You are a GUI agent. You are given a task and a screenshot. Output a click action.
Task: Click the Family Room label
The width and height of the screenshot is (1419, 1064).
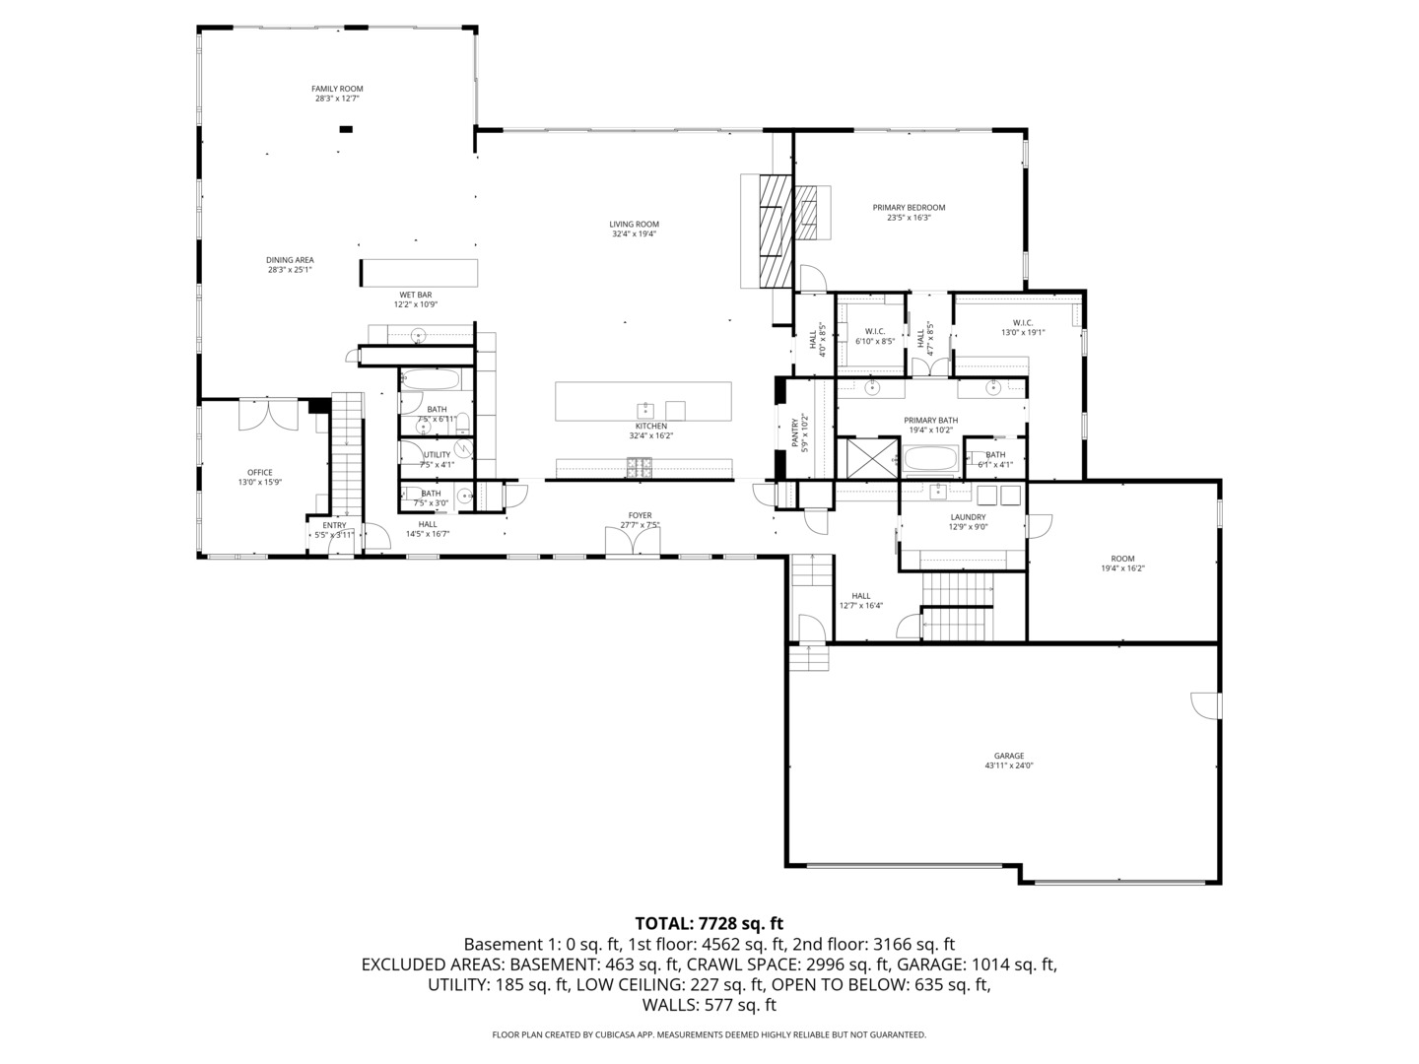338,89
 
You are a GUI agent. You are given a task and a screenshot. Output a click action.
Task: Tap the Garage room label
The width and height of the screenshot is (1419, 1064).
1008,757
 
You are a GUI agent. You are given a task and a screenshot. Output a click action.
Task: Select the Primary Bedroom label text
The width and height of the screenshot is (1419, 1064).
909,208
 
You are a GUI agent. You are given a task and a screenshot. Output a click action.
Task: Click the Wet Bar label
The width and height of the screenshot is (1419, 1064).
415,295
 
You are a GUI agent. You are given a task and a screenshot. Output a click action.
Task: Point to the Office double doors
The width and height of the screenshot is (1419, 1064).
268,413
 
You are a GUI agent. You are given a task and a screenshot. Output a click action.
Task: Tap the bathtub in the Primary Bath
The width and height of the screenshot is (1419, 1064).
930,460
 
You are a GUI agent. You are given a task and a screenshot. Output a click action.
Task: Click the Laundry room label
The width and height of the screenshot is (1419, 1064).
968,517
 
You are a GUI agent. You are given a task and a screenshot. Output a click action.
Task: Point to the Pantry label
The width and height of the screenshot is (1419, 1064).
795,432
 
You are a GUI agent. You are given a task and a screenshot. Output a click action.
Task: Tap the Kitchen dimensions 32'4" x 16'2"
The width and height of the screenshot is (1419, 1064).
650,435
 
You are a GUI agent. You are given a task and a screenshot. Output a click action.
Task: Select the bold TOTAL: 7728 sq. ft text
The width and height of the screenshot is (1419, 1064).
709,923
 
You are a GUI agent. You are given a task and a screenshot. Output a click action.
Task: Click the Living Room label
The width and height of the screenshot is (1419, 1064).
634,225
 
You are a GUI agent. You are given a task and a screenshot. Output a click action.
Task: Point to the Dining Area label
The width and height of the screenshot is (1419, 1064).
290,260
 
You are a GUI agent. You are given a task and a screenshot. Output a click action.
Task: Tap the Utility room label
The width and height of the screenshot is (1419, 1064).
437,454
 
